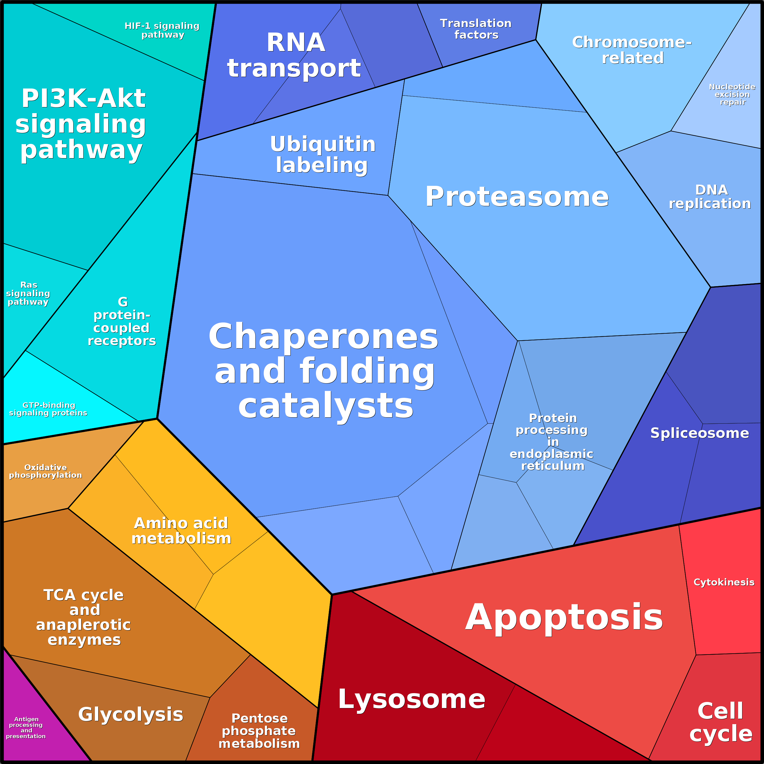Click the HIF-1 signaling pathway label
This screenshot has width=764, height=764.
point(162,30)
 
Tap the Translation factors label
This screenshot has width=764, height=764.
point(476,29)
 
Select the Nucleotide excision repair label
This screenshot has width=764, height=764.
point(732,95)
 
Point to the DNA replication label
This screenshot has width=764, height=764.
point(710,197)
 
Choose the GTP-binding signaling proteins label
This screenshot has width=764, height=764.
point(48,409)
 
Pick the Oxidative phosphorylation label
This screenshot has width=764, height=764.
point(46,471)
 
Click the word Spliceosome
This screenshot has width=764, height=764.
point(700,433)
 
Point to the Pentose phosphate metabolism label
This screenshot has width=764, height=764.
point(259,731)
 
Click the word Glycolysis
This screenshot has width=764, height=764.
point(131,714)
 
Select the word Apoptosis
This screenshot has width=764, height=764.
point(564,618)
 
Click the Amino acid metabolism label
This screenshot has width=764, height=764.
point(181,531)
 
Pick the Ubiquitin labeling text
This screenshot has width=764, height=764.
point(323,155)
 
